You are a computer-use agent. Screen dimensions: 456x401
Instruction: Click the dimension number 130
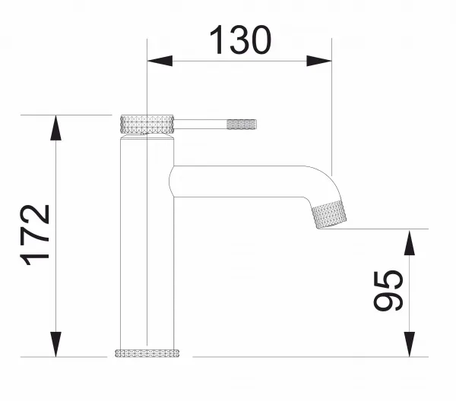coord(240,39)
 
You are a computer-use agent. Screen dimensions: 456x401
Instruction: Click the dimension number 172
coord(35,235)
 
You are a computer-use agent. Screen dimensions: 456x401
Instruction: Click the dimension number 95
coord(388,291)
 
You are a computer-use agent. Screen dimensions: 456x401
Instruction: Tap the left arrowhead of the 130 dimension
coord(160,61)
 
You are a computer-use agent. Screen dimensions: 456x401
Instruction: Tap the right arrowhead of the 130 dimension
coord(319,61)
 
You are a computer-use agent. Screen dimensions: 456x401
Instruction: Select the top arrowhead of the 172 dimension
coord(55,128)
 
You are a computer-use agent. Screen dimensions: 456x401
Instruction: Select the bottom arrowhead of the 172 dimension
coord(55,344)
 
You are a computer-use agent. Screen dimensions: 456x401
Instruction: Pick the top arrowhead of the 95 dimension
coord(410,243)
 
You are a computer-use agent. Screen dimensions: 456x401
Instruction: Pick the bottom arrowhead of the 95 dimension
coord(410,344)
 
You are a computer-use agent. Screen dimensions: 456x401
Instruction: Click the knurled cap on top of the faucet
coord(147,125)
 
